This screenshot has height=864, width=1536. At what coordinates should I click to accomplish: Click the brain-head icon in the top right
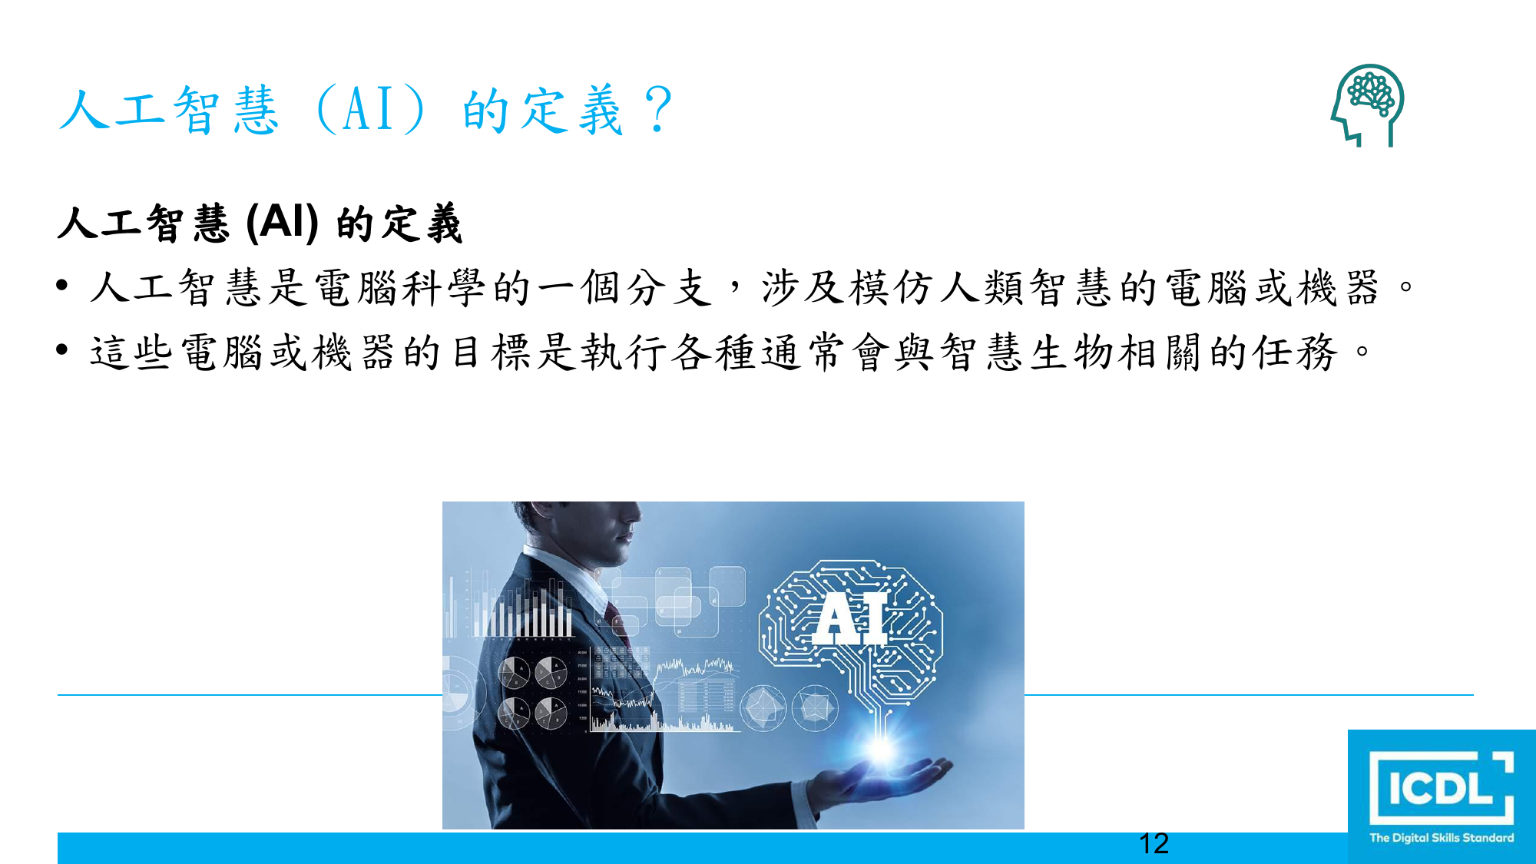1368,105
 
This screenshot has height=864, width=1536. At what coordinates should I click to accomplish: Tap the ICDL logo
1442,796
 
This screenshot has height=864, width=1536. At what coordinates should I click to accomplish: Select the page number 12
1154,843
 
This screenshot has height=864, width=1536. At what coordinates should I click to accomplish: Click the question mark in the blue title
658,109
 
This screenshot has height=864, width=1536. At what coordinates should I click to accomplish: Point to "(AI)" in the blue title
370,109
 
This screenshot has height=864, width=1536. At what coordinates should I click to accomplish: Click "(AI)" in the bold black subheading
282,223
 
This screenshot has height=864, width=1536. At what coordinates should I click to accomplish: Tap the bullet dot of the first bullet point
63,286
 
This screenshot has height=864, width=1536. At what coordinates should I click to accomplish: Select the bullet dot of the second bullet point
63,350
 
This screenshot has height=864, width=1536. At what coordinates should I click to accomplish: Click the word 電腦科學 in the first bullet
400,288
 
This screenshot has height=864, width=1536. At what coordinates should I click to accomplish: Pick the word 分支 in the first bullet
669,288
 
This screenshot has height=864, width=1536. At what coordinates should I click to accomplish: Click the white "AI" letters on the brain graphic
851,618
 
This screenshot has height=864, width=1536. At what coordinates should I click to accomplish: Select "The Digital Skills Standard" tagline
1442,838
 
